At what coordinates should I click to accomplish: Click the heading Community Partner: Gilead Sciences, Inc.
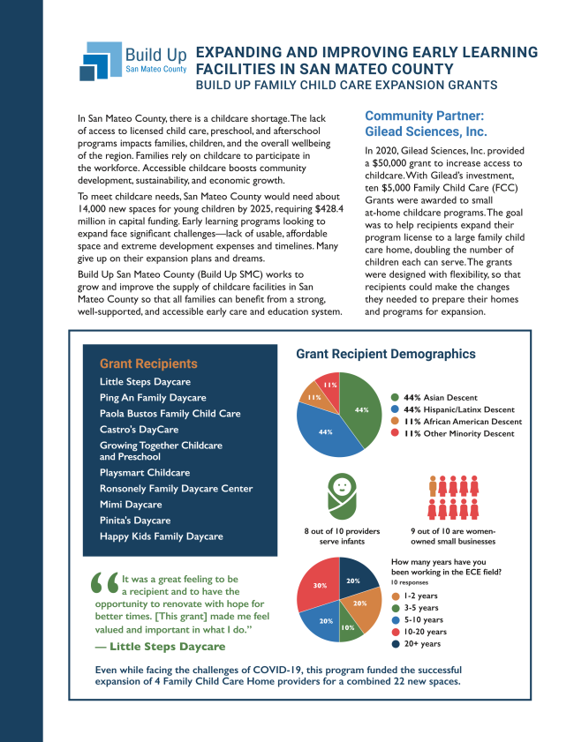pyautogui.click(x=426, y=124)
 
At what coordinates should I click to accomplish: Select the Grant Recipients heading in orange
pyautogui.click(x=148, y=364)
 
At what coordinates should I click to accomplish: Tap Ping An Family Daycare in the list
pyautogui.click(x=153, y=398)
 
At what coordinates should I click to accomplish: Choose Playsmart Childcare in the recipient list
pyautogui.click(x=145, y=473)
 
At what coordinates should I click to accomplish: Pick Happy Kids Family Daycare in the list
pyautogui.click(x=162, y=536)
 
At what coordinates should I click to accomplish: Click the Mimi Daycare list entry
pyautogui.click(x=131, y=505)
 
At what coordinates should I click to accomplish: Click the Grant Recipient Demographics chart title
pyautogui.click(x=386, y=354)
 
